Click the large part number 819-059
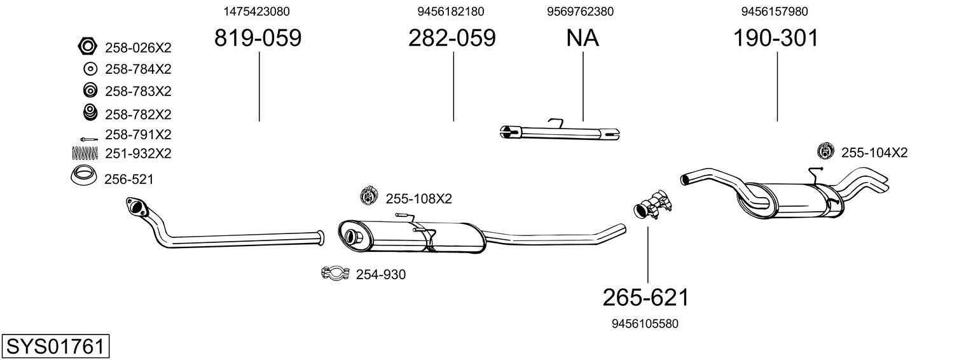pos(258,39)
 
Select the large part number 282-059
pos(452,39)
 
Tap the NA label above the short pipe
pos(583,39)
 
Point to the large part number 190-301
pos(776,39)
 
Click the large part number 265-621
pos(646,297)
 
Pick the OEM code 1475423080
pos(257,11)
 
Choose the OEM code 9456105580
pos(645,324)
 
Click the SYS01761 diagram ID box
pos(55,347)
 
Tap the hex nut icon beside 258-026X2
pos(87,47)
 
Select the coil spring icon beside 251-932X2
pos(85,153)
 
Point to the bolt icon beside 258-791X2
pos(85,137)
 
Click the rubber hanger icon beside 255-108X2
pos(369,197)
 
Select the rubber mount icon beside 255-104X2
pos(825,151)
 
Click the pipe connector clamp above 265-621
pos(652,204)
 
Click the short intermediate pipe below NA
pos(560,132)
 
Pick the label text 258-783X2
pos(138,92)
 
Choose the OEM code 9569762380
pos(580,11)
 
